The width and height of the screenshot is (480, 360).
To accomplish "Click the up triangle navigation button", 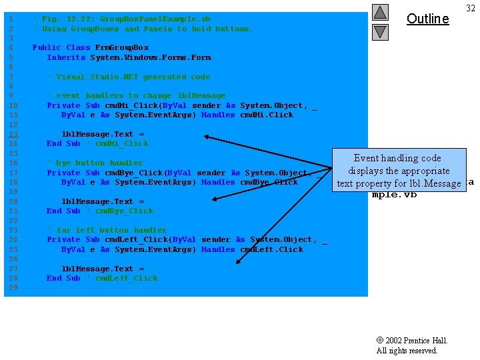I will coord(380,12).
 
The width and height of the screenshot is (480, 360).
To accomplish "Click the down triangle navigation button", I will coord(380,31).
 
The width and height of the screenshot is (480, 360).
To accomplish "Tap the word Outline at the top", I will coord(427,19).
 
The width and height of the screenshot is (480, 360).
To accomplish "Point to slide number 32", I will coord(470,8).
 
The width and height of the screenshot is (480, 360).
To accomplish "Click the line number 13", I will coord(13,134).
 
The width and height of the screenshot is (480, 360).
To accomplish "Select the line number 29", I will coord(13,287).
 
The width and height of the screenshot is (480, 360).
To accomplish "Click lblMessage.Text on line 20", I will coord(97,201).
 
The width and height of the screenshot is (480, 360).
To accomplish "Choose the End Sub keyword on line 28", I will coord(63,278).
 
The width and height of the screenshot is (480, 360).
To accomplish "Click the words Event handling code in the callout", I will coord(397,158).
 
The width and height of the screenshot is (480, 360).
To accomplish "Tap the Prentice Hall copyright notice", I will coord(412,345).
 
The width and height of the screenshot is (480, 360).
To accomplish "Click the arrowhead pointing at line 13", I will coord(207,137).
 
